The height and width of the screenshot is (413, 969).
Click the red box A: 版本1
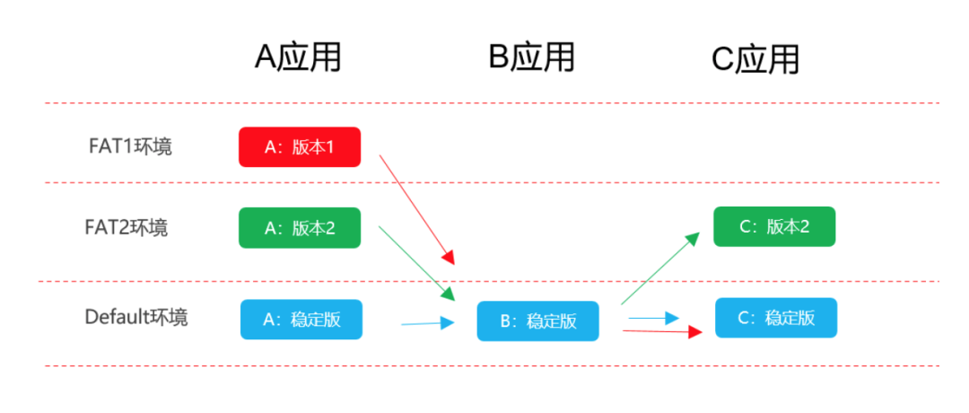(300, 147)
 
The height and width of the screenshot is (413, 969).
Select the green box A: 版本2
(300, 227)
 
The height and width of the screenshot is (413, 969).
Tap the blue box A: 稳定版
(301, 319)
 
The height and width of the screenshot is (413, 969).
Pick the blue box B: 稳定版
(537, 321)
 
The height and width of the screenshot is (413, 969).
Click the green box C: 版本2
(774, 226)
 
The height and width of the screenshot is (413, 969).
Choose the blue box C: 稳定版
(776, 318)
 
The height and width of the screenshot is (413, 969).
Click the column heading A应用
(298, 58)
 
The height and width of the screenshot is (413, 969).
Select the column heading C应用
(755, 60)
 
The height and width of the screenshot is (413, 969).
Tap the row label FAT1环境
(130, 146)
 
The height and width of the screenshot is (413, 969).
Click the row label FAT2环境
(127, 227)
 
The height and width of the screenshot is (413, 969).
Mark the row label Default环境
(136, 317)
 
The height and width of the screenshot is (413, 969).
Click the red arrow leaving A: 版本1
(417, 210)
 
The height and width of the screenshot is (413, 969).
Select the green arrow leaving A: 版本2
(417, 264)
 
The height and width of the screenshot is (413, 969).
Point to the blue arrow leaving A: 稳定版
(428, 322)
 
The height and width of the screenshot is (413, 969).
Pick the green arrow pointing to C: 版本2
(660, 268)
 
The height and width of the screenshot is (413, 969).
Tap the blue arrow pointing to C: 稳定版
(654, 319)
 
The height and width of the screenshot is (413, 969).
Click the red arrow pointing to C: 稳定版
(662, 332)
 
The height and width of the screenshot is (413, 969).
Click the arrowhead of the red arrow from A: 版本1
(449, 257)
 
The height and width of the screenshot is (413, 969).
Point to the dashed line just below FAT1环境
(492, 182)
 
